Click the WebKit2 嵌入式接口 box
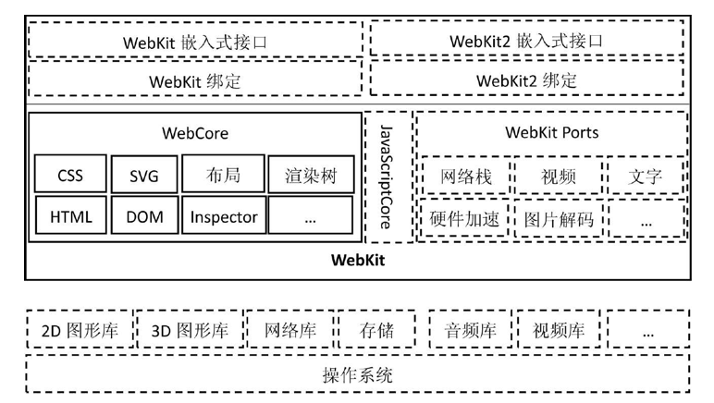(527, 41)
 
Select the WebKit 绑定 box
(195, 80)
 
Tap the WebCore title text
(195, 132)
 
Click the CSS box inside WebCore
(70, 175)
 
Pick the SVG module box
(142, 175)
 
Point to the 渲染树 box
(310, 175)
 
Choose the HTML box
(70, 217)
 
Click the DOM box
(142, 217)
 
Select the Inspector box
(223, 217)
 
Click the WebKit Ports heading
(551, 132)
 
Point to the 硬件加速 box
(463, 219)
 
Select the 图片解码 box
(558, 219)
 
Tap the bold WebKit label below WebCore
(358, 260)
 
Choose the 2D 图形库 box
(80, 330)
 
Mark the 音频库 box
(470, 330)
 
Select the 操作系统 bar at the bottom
(358, 375)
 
